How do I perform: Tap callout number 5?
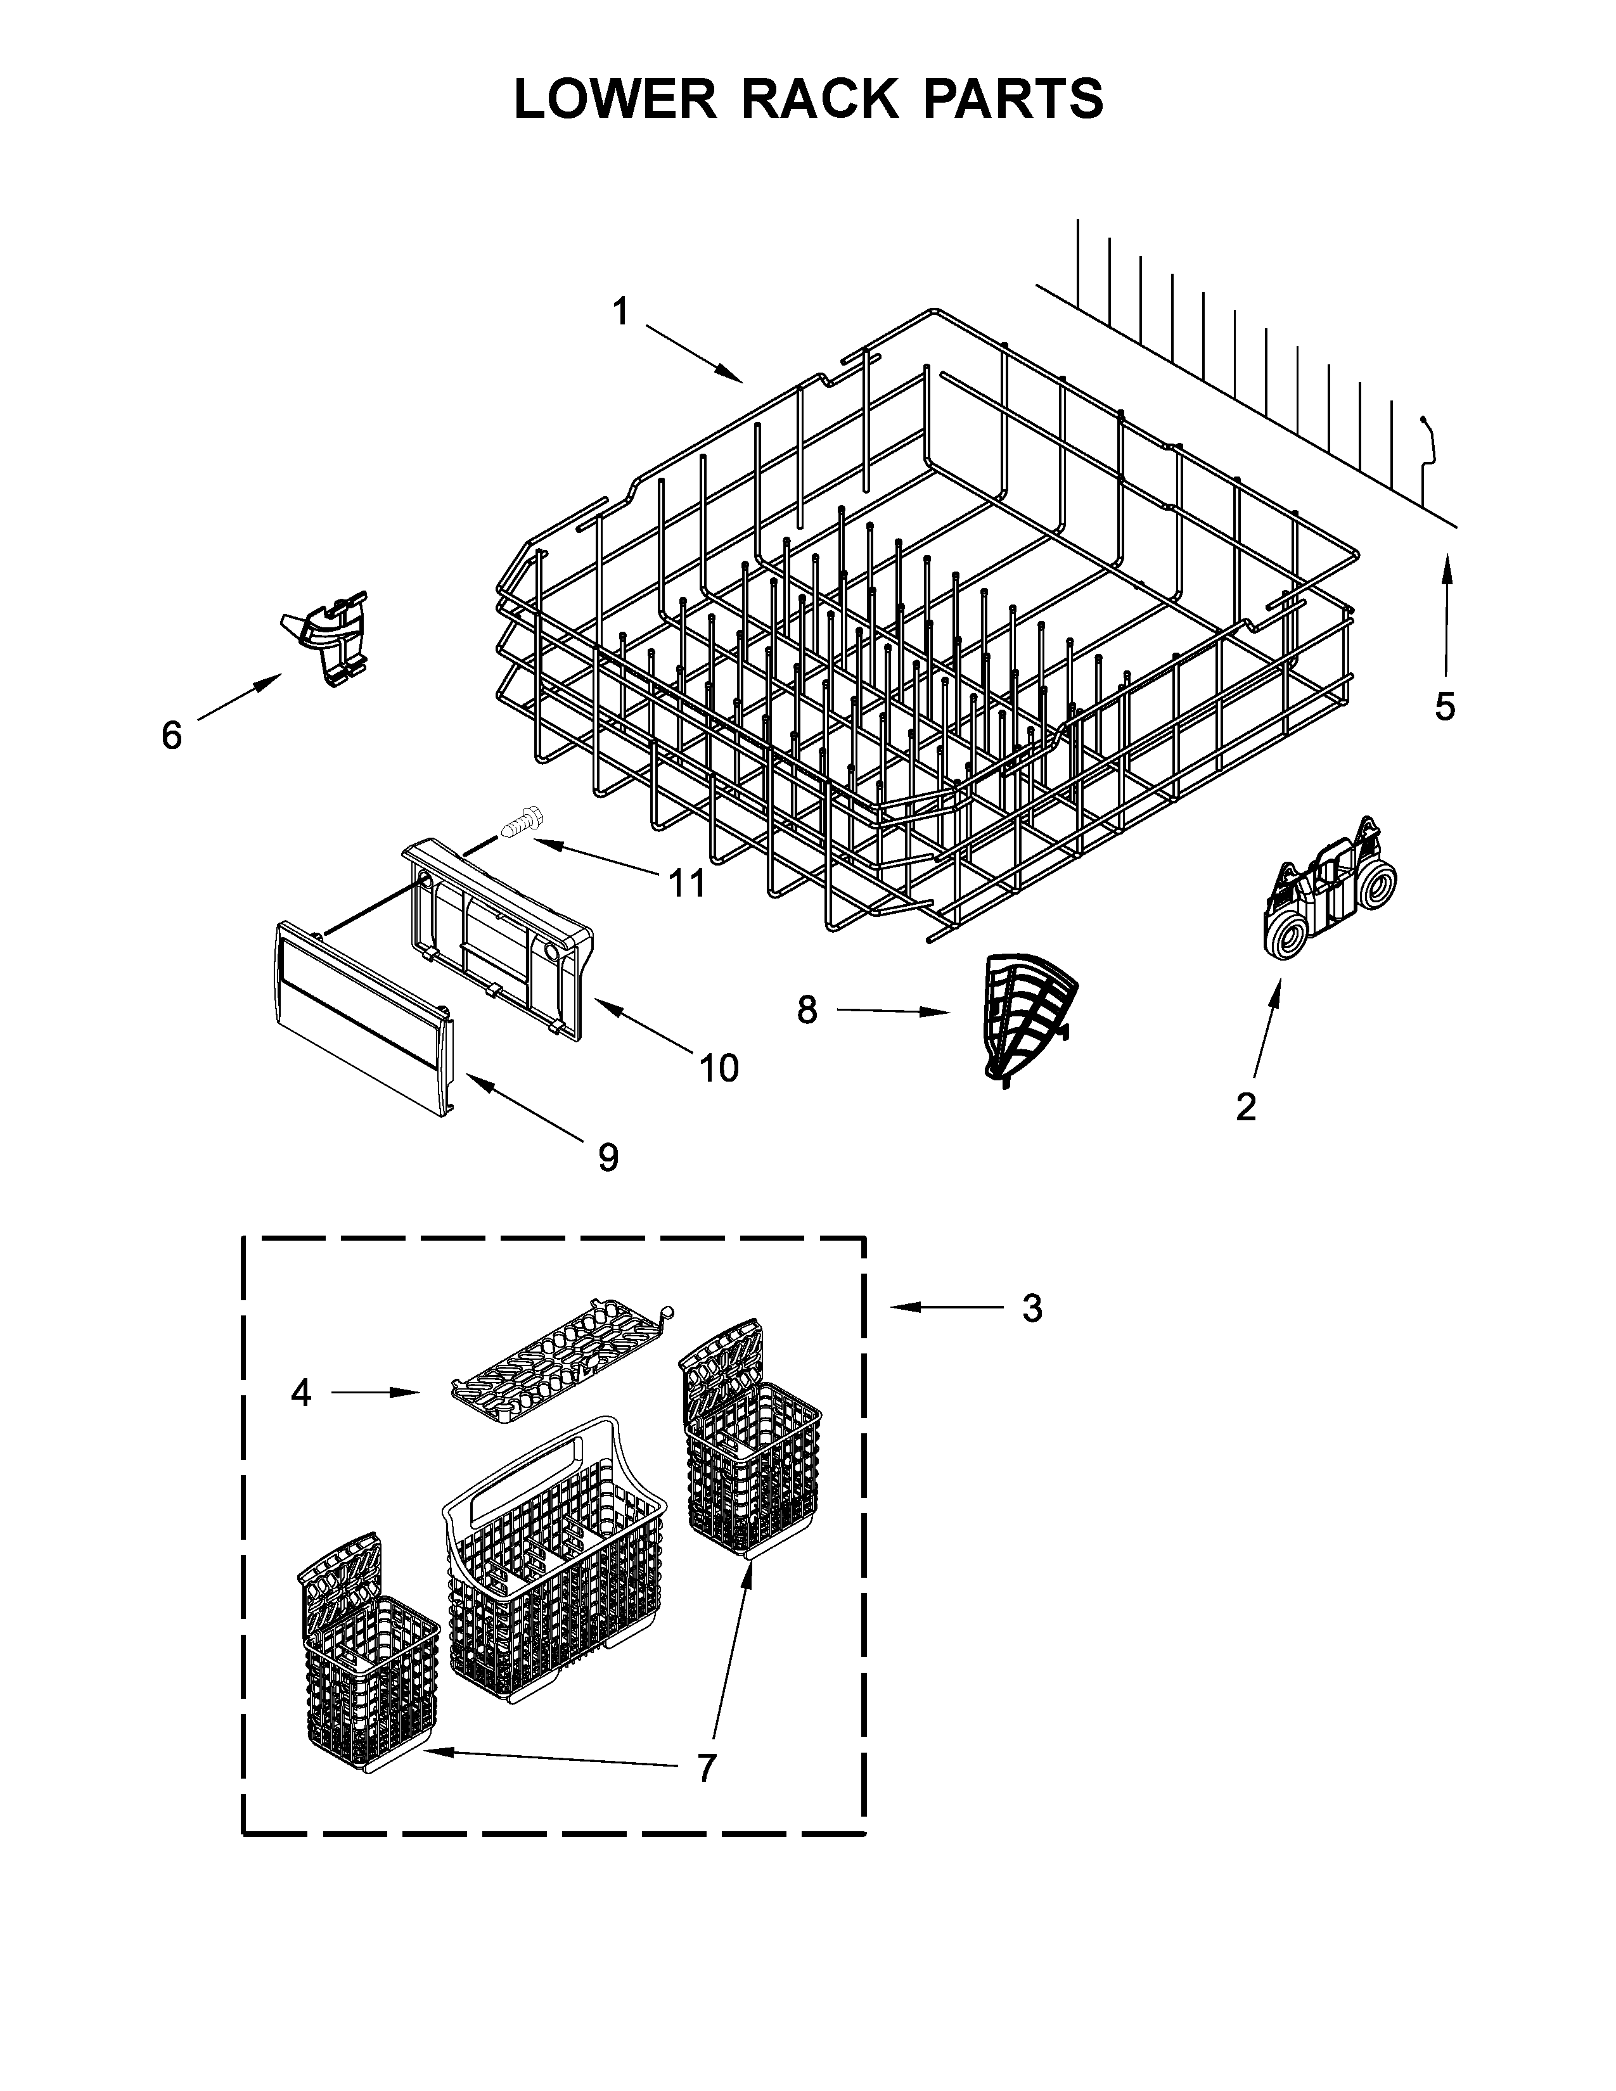[1445, 707]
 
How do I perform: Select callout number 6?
[171, 735]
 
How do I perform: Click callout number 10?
[719, 1068]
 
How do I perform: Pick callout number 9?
[608, 1158]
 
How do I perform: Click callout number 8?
[807, 1009]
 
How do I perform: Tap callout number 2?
[1245, 1107]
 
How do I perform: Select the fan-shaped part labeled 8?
[1029, 1015]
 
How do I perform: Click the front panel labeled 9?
[359, 1018]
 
